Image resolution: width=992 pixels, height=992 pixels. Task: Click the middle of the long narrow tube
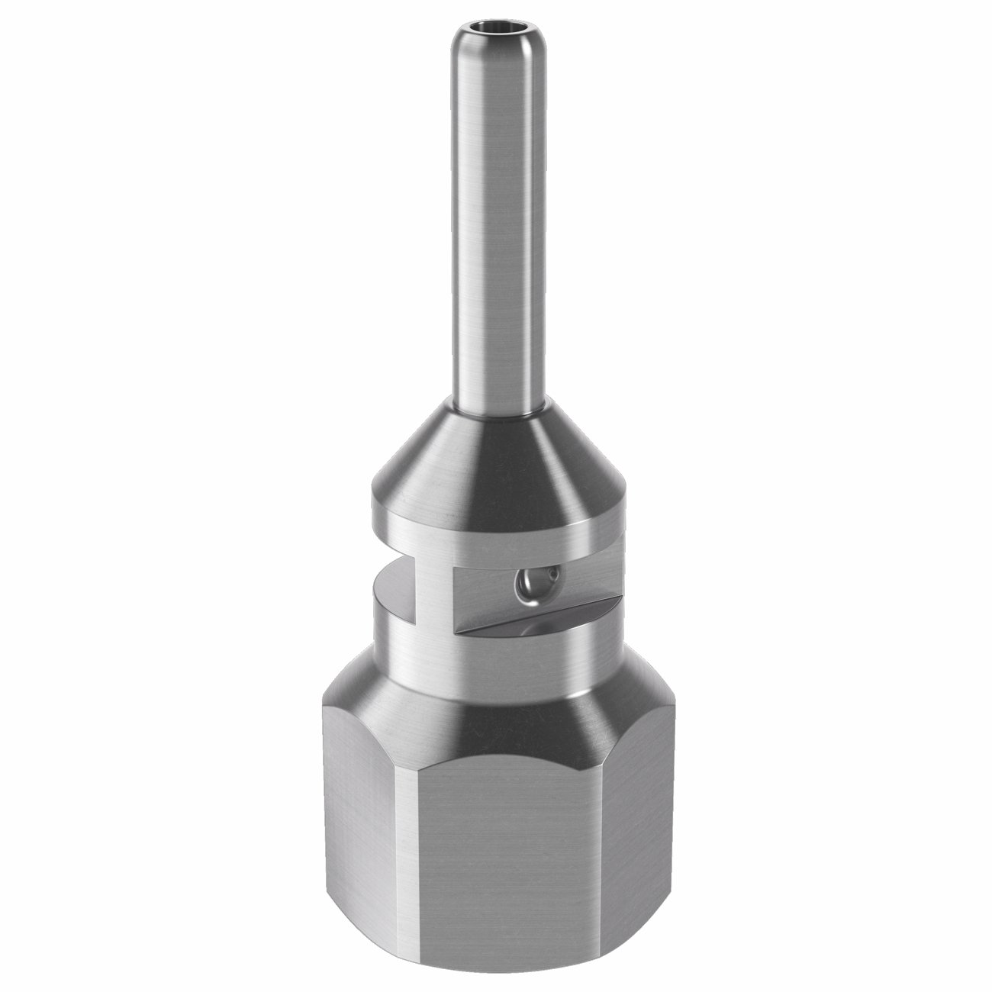click(x=496, y=229)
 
